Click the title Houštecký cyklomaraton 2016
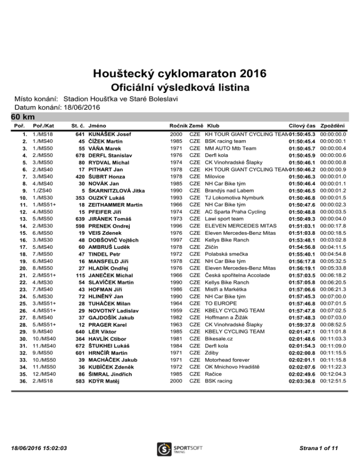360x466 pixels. (180, 74)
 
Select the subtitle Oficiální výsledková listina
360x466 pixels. (180, 88)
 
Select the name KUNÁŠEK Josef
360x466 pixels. (109, 135)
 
